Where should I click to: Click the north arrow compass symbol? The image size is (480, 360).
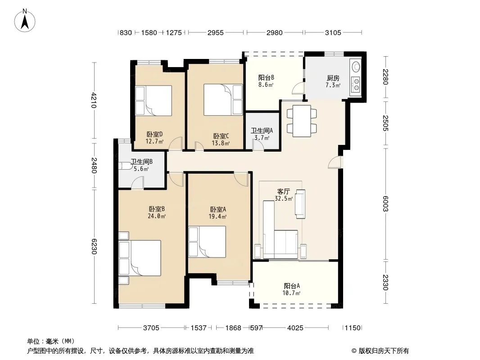click(x=25, y=21)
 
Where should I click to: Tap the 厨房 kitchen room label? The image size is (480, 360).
click(x=333, y=78)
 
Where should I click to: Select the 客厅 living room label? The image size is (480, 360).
click(x=284, y=191)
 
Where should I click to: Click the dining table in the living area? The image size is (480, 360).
click(x=302, y=121)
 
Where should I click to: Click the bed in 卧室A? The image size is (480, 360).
click(x=207, y=242)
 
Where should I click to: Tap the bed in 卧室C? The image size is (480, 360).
click(x=223, y=100)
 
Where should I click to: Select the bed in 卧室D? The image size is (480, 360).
click(x=154, y=100)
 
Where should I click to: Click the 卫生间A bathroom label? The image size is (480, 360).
click(x=262, y=130)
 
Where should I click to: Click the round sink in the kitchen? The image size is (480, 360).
click(x=356, y=66)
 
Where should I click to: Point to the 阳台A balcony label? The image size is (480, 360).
click(x=292, y=286)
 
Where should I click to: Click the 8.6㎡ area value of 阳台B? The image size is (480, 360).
click(x=266, y=85)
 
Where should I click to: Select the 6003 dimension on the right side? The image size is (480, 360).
click(x=385, y=204)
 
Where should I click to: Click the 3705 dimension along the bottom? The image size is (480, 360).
click(x=151, y=328)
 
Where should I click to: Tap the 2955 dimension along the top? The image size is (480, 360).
click(x=216, y=33)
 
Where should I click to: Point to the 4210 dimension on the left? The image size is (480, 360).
click(x=94, y=100)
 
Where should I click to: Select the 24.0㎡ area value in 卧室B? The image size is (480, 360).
click(x=157, y=216)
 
